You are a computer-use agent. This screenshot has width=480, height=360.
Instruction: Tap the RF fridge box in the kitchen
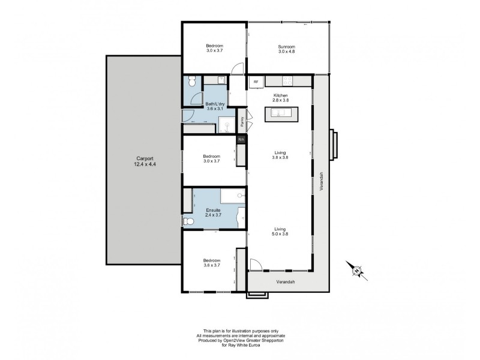click(256, 82)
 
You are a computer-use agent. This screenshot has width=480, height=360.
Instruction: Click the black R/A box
click(241, 140)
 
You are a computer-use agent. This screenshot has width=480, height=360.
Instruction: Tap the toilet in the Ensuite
click(188, 222)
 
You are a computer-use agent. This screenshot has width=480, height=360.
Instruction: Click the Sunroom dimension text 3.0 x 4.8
click(286, 52)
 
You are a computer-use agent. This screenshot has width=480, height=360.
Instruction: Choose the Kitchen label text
click(281, 95)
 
